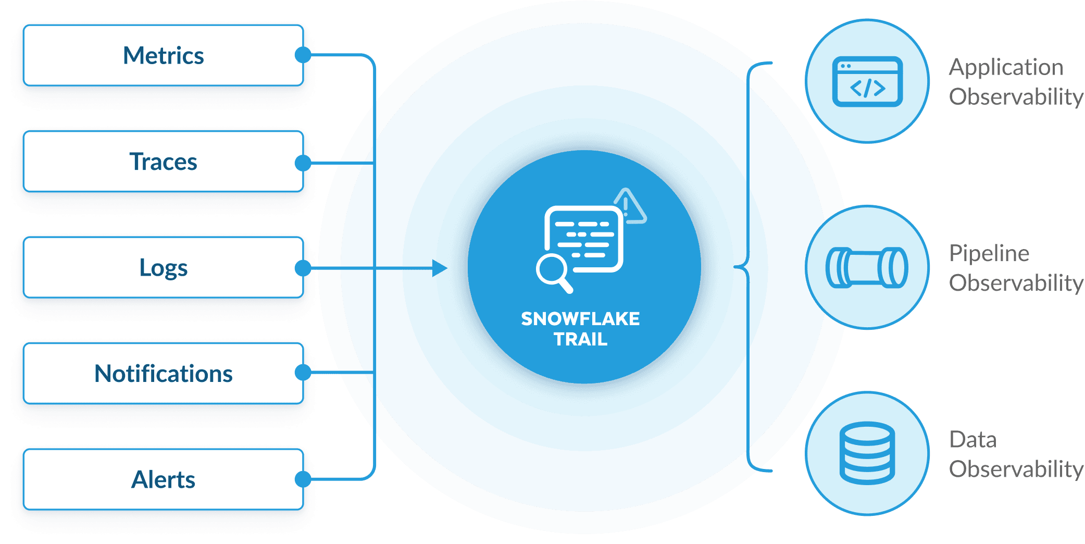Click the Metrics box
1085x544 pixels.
point(163,55)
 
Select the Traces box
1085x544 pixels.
point(163,162)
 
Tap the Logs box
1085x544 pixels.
point(163,268)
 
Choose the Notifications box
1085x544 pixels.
point(163,374)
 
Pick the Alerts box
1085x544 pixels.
point(163,479)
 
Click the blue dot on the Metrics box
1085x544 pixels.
point(303,55)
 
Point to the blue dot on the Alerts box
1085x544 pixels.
point(303,479)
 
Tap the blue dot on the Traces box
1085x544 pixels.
point(303,163)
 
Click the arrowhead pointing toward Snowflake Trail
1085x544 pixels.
point(440,268)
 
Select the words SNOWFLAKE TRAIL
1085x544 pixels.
point(580,329)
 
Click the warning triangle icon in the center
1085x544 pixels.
point(629,207)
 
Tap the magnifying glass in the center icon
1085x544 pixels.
point(553,273)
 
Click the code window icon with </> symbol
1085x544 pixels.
point(867,82)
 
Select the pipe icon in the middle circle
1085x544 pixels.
point(867,267)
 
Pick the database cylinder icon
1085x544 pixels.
point(867,453)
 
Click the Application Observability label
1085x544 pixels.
point(1015,82)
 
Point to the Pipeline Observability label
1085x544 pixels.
point(1015,268)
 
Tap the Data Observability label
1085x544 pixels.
point(1015,454)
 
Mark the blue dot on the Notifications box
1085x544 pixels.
point(303,373)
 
